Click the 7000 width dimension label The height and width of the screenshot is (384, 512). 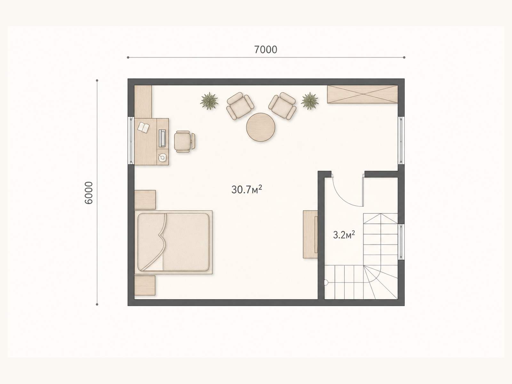(266, 50)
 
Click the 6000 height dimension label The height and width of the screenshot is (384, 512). (89, 193)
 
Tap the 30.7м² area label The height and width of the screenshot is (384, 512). (246, 189)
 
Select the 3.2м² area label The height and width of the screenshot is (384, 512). (344, 235)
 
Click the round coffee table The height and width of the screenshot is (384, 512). (260, 127)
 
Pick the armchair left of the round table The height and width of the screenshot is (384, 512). (240, 106)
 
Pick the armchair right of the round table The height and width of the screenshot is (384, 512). (282, 106)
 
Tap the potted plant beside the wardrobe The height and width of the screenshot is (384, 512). (309, 101)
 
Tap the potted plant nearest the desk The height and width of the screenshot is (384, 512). (209, 101)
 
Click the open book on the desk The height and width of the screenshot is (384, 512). (143, 128)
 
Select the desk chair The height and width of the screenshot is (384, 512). (184, 141)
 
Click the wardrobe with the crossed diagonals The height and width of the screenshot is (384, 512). (362, 94)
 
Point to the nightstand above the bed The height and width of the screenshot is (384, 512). (145, 200)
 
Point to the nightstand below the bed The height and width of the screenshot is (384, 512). (145, 286)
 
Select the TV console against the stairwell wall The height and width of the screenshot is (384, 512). (310, 234)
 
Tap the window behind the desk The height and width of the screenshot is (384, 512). (131, 140)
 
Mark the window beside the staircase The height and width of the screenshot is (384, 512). (401, 242)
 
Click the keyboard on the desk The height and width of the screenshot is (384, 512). (162, 138)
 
